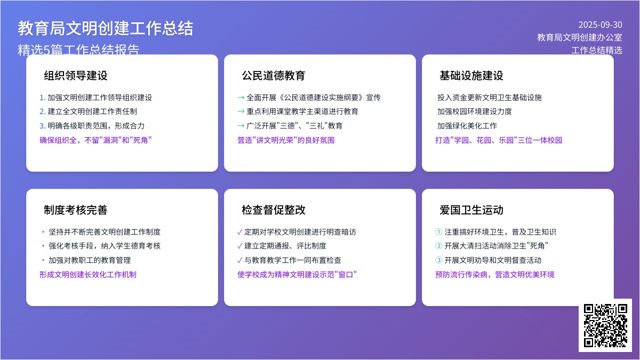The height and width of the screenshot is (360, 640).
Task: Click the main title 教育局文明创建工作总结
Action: [106, 29]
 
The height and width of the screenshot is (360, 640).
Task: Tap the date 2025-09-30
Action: [601, 25]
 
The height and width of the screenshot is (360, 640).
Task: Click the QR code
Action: [605, 325]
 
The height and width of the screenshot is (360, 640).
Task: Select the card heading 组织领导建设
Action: [76, 76]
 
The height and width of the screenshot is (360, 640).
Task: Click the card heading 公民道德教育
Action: [274, 76]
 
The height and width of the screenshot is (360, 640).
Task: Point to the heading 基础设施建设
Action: [471, 76]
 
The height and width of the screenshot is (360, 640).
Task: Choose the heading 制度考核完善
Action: [76, 210]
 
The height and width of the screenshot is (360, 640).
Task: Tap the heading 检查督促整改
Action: [274, 210]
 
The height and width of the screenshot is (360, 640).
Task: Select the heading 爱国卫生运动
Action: [471, 210]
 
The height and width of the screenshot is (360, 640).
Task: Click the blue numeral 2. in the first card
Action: [42, 111]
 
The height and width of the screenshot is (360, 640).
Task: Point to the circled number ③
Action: [438, 260]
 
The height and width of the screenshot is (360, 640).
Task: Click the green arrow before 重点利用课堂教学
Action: [241, 111]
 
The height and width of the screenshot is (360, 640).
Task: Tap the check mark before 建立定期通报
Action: [240, 246]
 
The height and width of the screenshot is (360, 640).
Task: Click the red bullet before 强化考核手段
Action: [43, 246]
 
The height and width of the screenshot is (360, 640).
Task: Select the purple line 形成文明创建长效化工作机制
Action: [88, 275]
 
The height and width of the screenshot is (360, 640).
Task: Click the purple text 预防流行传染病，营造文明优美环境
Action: [495, 275]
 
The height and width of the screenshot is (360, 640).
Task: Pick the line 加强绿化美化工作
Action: [467, 126]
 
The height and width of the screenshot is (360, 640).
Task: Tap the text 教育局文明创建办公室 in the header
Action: [580, 37]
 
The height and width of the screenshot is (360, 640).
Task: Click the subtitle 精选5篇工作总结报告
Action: [78, 50]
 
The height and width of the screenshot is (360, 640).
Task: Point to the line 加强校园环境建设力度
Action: [475, 111]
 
